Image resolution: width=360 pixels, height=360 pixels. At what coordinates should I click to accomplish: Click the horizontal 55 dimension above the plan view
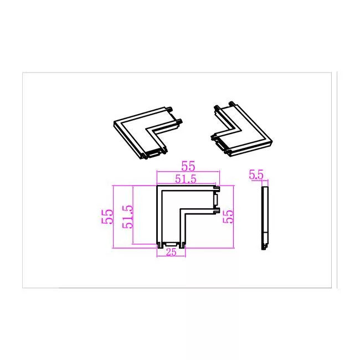tap(188, 166)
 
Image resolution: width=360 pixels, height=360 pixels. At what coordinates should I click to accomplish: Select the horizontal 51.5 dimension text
tap(186, 179)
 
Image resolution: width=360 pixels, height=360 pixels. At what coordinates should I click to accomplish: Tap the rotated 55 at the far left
tap(107, 217)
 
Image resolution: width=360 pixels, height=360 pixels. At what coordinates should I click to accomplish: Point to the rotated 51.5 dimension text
tap(127, 217)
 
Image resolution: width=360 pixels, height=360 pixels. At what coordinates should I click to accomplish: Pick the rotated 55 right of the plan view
tap(228, 217)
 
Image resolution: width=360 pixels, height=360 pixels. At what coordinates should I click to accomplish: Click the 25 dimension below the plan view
tap(171, 252)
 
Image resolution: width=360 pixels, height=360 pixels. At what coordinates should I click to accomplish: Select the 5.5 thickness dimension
tap(256, 175)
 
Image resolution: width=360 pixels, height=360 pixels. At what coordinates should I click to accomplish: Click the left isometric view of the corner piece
tap(148, 132)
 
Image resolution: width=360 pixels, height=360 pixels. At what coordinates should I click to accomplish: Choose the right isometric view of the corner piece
tap(241, 129)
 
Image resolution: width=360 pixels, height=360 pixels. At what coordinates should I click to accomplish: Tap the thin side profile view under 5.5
tap(265, 218)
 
